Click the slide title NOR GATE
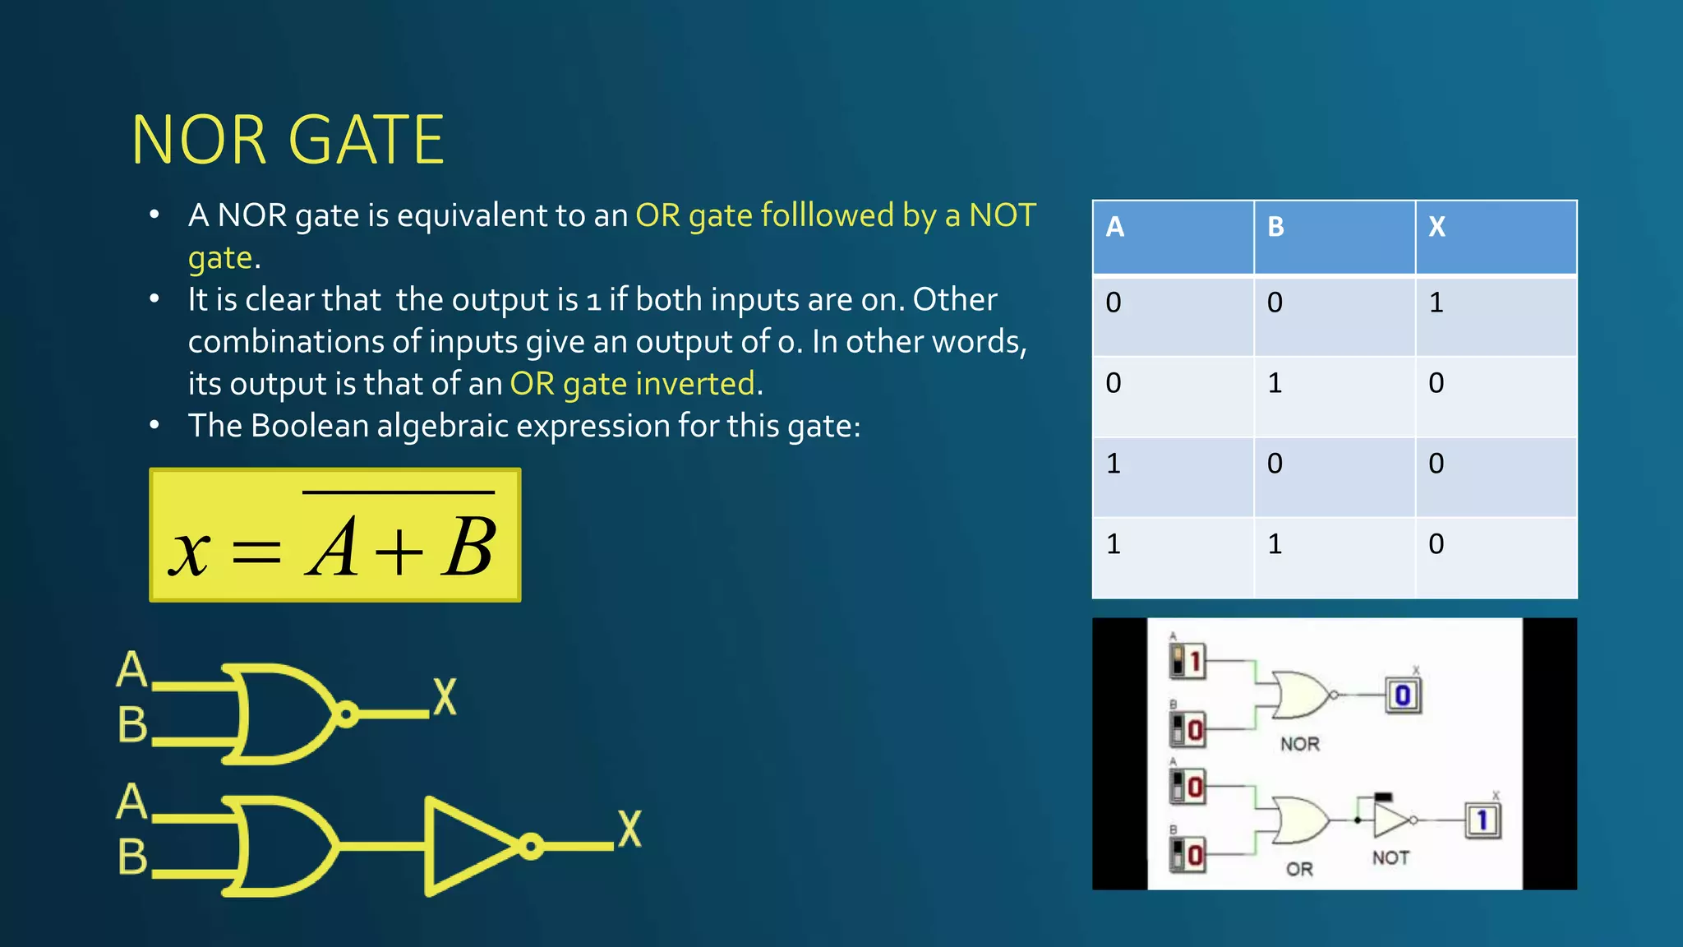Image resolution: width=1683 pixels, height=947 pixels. [288, 141]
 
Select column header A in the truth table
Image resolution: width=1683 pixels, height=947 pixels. [1114, 227]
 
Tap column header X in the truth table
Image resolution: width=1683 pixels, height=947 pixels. [1436, 227]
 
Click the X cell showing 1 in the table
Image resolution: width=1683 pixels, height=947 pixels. [1436, 303]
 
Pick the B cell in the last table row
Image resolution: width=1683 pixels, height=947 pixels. [1275, 544]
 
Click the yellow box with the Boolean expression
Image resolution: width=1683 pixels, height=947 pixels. [334, 535]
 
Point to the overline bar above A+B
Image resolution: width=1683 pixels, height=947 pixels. [399, 492]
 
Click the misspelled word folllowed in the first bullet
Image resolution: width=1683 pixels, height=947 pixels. [827, 215]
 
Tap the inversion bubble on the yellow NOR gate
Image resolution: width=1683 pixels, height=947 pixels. [347, 714]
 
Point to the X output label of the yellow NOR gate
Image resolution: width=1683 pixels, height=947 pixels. [445, 698]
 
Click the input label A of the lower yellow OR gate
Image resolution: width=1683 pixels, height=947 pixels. [131, 802]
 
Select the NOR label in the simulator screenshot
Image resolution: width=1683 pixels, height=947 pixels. [1299, 745]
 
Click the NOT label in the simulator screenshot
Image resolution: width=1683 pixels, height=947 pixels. [1390, 858]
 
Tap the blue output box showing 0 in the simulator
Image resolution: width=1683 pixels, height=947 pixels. [1403, 695]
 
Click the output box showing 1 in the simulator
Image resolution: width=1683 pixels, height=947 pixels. [1482, 820]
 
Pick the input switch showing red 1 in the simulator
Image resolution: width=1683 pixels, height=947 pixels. [1187, 660]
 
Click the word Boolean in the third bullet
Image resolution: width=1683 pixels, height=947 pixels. [310, 426]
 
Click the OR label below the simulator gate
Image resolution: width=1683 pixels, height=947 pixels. [1299, 870]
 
